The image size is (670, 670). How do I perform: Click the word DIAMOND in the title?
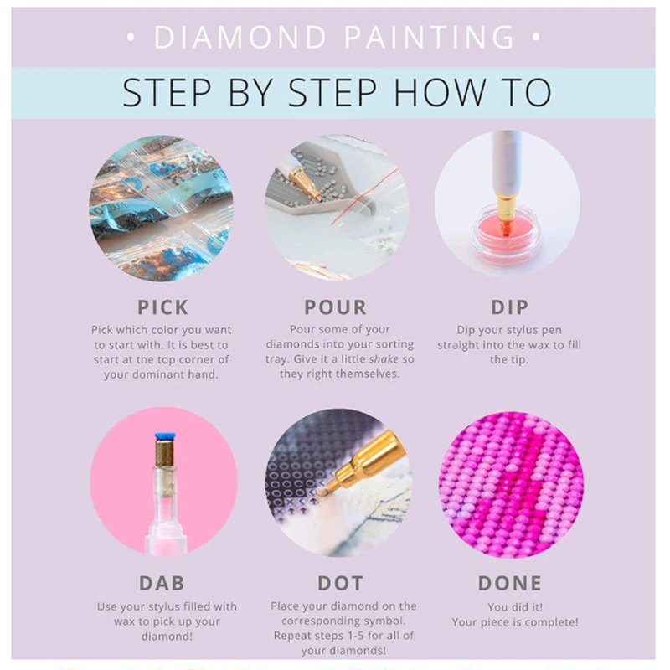pyautogui.click(x=240, y=37)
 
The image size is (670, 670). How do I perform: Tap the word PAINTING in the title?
pyautogui.click(x=430, y=37)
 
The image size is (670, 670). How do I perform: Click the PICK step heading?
pyautogui.click(x=162, y=307)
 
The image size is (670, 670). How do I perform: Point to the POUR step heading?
pyautogui.click(x=336, y=307)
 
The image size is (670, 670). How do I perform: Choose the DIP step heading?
pyautogui.click(x=509, y=307)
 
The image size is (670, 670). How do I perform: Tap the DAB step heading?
pyautogui.click(x=162, y=583)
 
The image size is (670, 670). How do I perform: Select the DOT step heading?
pyautogui.click(x=340, y=583)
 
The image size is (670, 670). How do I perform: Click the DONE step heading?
pyautogui.click(x=510, y=583)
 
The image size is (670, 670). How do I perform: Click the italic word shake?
pyautogui.click(x=384, y=359)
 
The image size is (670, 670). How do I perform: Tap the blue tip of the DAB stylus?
pyautogui.click(x=165, y=436)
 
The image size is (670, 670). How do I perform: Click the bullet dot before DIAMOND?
pyautogui.click(x=131, y=38)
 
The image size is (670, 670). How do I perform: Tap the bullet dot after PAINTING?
pyautogui.click(x=536, y=38)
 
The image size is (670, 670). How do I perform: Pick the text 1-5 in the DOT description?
pyautogui.click(x=355, y=636)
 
